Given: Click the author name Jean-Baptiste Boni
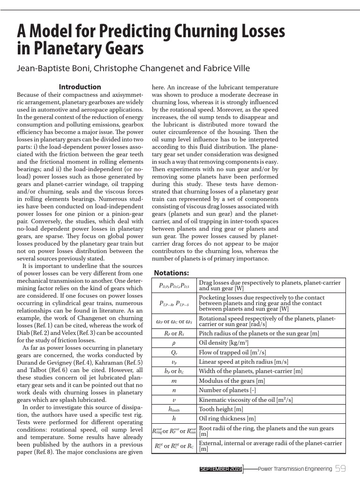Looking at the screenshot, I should click(x=53, y=68).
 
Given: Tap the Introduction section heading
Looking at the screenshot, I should click(x=80, y=87).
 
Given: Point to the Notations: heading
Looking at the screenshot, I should click(x=171, y=273).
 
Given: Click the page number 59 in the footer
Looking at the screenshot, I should click(x=340, y=468).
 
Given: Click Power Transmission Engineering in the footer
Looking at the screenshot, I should click(x=295, y=469).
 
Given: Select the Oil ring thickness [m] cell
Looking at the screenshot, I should click(x=227, y=418).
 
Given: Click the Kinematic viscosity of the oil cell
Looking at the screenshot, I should click(x=246, y=399).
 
